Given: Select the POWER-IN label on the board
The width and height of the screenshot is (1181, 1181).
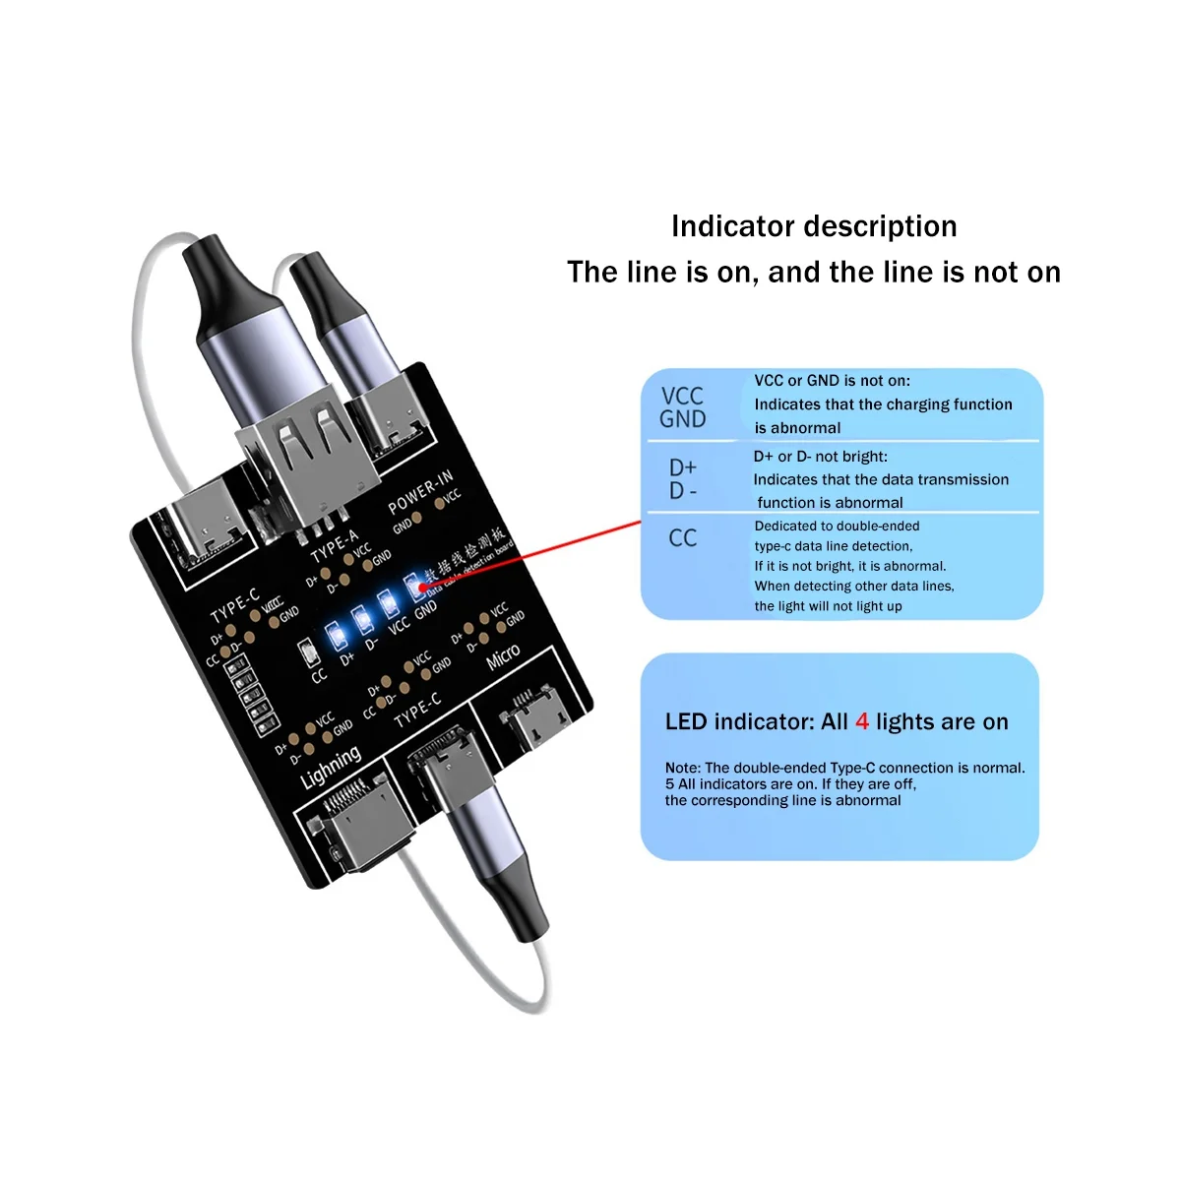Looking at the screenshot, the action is coord(419,491).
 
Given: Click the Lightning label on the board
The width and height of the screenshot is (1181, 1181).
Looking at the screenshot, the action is coord(330,768).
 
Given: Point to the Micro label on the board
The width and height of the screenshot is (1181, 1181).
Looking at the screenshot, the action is coord(503,657).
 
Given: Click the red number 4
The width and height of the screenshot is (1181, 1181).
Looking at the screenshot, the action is coord(862,721).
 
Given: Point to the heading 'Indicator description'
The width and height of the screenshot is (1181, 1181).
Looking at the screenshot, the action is coord(814,226).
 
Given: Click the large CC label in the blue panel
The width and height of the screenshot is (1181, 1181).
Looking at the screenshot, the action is coord(682,538).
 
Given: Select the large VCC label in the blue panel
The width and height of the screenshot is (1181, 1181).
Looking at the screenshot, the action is coord(682,396).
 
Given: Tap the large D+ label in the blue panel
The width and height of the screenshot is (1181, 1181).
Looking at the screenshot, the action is coord(682,466).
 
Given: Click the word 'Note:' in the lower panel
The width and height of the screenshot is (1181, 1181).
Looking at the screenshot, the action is coord(683,768).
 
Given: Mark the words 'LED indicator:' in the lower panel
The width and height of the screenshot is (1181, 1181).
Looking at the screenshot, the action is coord(739,721).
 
